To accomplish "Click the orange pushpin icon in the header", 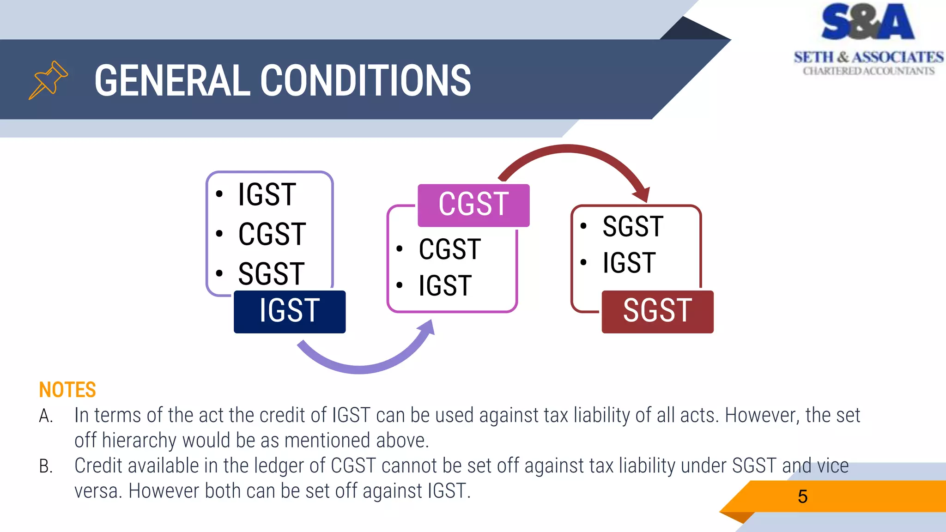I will (x=48, y=80).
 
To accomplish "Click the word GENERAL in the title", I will (x=171, y=81).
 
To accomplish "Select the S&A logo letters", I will (x=867, y=22).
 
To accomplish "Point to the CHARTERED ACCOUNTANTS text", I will (x=868, y=71).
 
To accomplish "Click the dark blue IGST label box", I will (x=290, y=311).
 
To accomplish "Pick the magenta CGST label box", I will (x=473, y=205).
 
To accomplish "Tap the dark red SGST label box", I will (x=657, y=311).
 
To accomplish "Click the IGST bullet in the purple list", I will (x=267, y=194).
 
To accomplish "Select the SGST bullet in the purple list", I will (x=271, y=273).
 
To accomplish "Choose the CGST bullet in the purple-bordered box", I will (x=272, y=234).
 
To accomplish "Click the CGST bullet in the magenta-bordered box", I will (x=449, y=249).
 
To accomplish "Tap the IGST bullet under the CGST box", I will (x=445, y=286).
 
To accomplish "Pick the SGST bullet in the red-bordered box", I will (x=633, y=227).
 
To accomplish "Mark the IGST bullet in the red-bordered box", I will (x=629, y=263).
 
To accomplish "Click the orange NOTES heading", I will (x=67, y=390).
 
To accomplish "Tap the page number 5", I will (x=802, y=497).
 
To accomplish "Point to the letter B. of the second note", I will (x=45, y=466).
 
